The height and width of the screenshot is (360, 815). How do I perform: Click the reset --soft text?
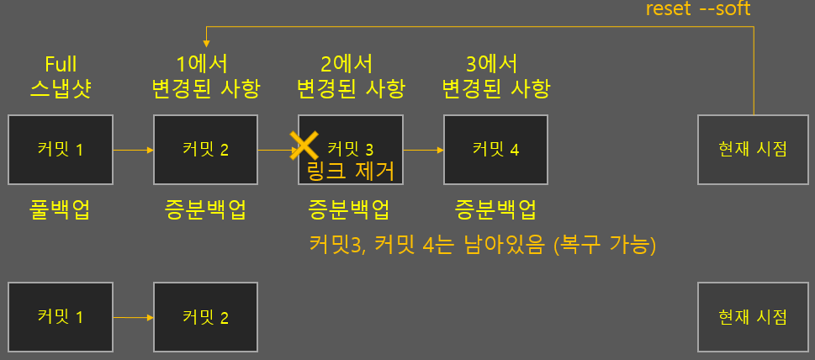[697, 9]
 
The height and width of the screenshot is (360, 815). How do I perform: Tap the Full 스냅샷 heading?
[61, 76]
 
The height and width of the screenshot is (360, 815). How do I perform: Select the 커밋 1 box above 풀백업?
[60, 150]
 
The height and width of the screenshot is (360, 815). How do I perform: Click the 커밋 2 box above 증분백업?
[205, 150]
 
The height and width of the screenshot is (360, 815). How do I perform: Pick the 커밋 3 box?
[351, 150]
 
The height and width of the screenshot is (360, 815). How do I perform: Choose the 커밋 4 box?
[495, 150]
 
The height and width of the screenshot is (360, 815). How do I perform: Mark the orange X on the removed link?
[303, 146]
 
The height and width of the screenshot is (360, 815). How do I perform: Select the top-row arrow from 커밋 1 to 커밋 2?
[133, 151]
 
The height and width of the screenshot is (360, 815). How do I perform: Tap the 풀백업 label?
[60, 209]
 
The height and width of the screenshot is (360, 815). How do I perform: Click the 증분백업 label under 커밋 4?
[495, 209]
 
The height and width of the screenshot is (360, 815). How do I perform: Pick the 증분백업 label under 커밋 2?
[205, 209]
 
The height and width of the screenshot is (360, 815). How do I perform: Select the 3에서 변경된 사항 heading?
[495, 76]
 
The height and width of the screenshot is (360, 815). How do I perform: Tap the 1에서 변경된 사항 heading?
[205, 76]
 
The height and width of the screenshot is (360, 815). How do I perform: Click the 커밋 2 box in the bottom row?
[205, 317]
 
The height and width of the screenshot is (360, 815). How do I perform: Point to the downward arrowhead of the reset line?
[205, 43]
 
